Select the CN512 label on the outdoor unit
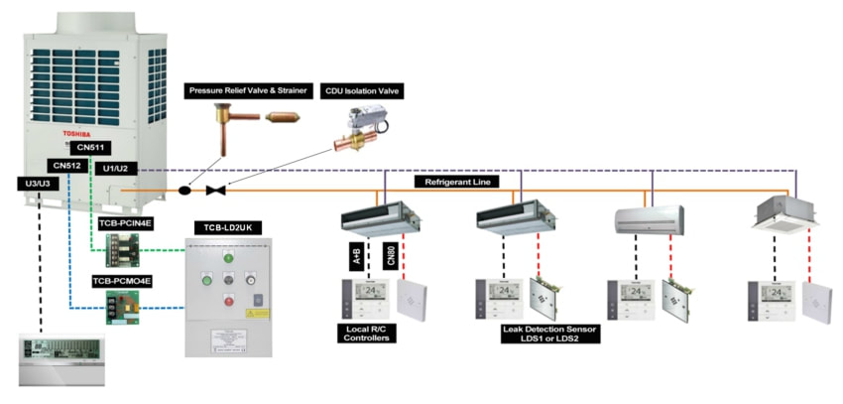point(67,166)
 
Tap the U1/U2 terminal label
point(120,169)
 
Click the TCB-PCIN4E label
point(124,224)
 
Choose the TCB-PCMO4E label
point(124,281)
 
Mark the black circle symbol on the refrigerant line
point(183,189)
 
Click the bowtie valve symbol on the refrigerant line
point(213,189)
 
